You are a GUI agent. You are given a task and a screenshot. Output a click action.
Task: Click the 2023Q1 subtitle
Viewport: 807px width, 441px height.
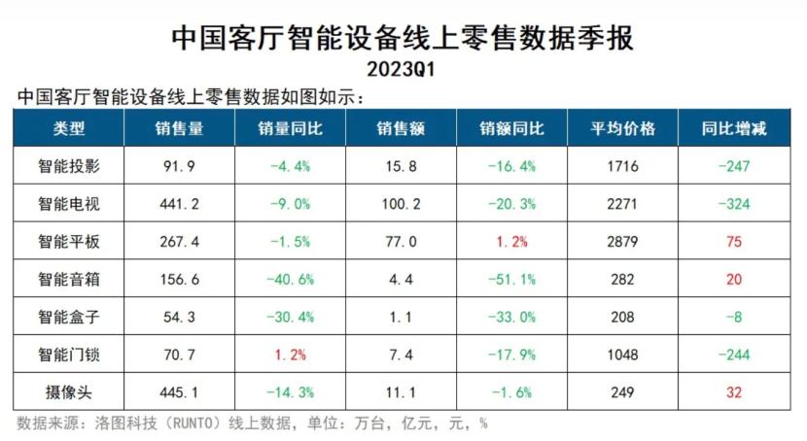click(x=402, y=70)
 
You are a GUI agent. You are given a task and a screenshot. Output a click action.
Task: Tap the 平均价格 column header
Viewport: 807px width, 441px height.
click(x=623, y=129)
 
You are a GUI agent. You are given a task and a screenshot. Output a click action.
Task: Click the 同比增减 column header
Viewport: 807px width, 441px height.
click(x=734, y=129)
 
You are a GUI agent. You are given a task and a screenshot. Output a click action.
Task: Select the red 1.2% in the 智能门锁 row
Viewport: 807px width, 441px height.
click(x=290, y=356)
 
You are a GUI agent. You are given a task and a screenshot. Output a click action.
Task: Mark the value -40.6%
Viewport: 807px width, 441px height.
click(x=290, y=280)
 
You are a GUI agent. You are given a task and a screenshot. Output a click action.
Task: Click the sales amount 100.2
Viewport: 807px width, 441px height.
click(x=401, y=204)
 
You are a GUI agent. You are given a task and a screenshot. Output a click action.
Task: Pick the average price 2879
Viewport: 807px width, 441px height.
click(x=623, y=242)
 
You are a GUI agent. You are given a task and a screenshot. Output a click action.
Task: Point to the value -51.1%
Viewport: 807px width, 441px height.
click(x=511, y=280)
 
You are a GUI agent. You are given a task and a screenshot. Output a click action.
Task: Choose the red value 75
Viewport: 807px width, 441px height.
click(x=734, y=242)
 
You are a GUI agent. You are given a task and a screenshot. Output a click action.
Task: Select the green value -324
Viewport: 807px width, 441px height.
click(x=734, y=204)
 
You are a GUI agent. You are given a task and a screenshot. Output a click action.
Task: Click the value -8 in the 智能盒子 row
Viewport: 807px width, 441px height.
click(x=734, y=318)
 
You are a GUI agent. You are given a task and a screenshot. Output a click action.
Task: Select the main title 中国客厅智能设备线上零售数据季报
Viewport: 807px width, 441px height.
click(x=402, y=39)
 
